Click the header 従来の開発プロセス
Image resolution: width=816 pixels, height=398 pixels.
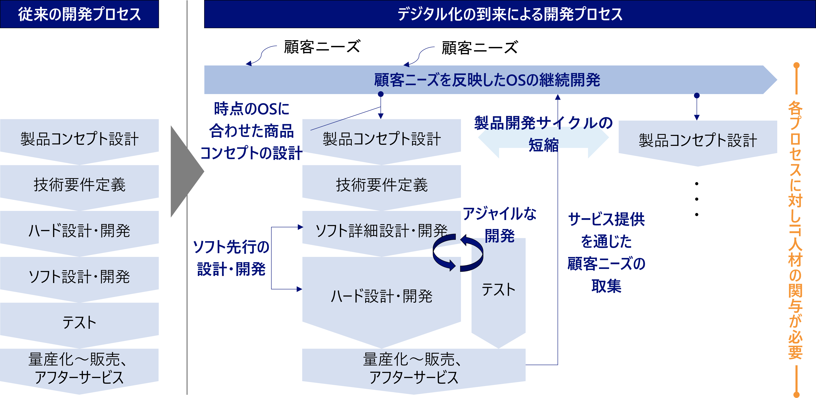79,14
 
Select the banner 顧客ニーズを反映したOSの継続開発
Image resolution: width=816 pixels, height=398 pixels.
487,80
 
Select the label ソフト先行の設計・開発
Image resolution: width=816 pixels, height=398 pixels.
231,258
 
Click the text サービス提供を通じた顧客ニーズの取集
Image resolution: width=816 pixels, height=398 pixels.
606,252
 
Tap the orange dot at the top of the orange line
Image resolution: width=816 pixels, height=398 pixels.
796,65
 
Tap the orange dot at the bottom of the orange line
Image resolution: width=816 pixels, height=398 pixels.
796,394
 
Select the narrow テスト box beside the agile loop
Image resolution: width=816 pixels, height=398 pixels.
498,290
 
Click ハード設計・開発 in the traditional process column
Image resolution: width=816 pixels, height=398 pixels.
79,231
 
